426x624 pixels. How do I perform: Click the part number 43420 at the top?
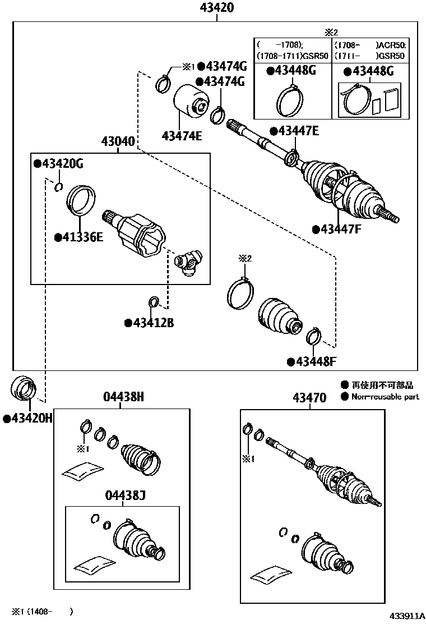(216, 8)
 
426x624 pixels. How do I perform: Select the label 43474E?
(182, 135)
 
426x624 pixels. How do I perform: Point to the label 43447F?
(340, 229)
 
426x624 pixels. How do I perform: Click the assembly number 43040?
(118, 141)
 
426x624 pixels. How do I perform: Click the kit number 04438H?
(124, 397)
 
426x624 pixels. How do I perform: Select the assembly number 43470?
(309, 398)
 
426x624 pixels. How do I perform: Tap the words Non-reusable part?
(385, 397)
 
